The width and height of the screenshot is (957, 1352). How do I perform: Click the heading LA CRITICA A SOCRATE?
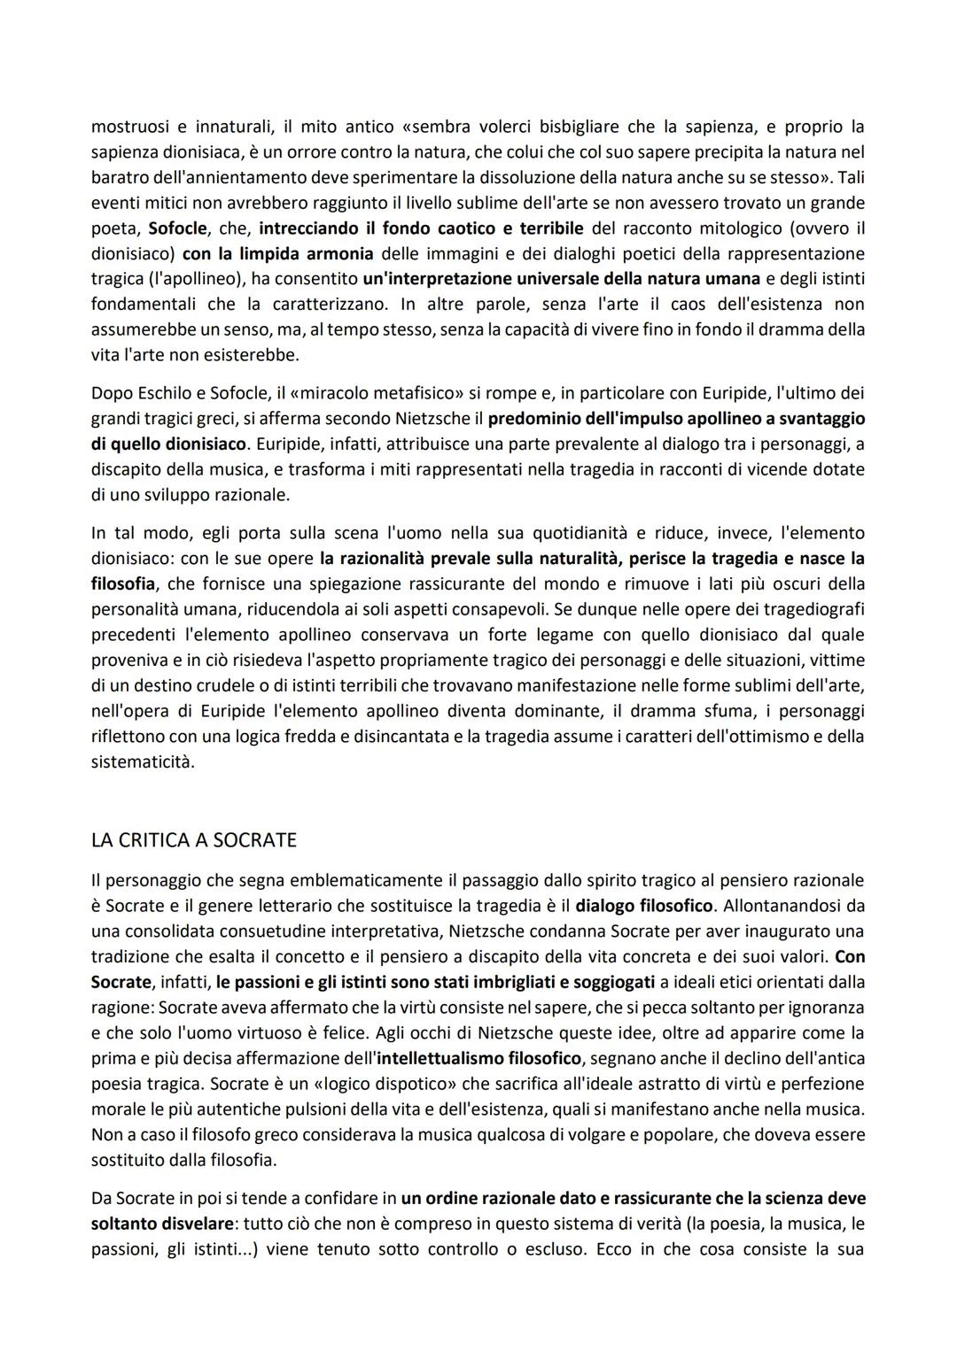point(193,840)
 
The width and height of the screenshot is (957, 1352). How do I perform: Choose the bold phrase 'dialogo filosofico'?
point(644,906)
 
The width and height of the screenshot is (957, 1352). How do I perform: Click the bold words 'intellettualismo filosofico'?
point(478,1058)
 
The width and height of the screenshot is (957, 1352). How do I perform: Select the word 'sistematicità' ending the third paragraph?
point(142,761)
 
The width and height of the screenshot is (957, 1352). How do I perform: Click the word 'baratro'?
point(119,177)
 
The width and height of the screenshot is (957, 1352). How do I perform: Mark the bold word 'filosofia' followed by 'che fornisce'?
point(122,584)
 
